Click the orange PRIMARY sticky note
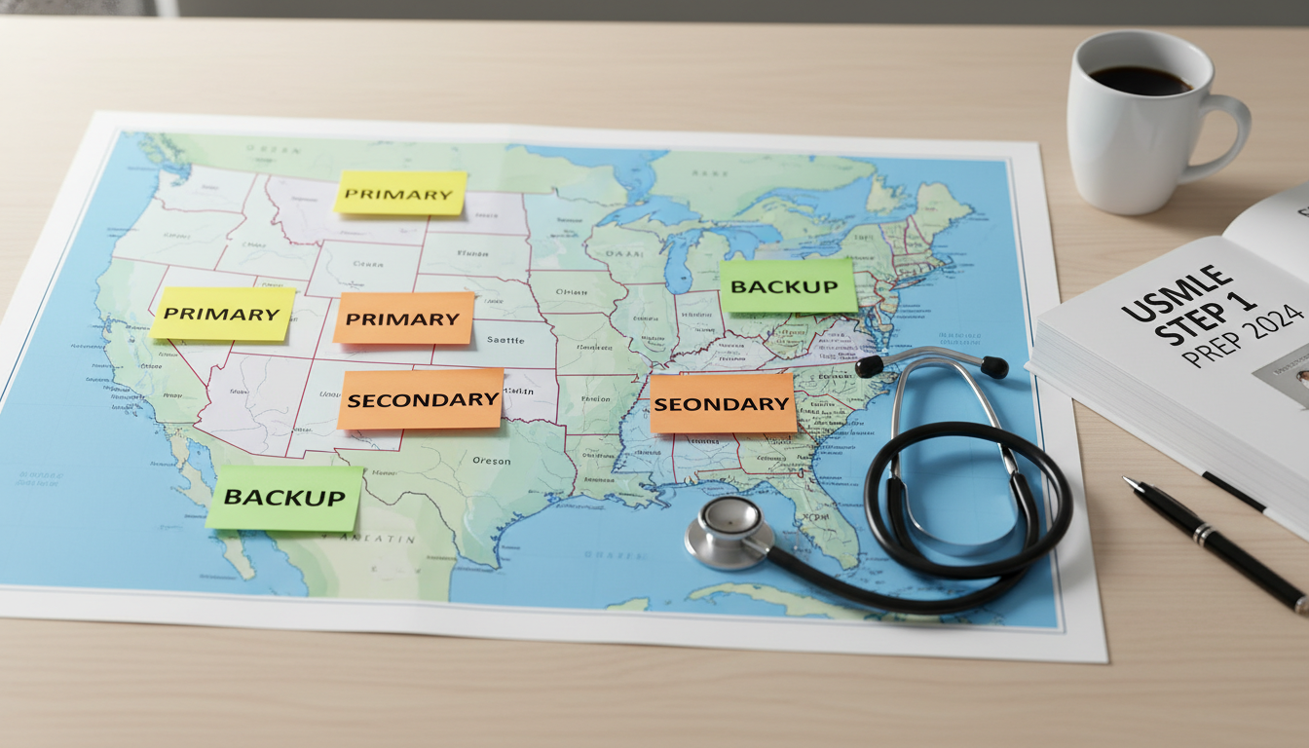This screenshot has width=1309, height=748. [403, 318]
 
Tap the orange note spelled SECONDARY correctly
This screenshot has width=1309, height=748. [421, 399]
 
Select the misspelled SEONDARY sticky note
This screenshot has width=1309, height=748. [722, 402]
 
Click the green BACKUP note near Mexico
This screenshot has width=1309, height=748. [284, 497]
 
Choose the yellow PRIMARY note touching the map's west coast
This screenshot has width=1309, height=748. [223, 314]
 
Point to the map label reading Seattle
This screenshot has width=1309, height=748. [505, 341]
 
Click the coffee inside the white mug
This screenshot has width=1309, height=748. [1139, 80]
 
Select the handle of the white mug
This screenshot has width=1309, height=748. [1226, 136]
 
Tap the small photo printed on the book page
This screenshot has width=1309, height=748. [1284, 376]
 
